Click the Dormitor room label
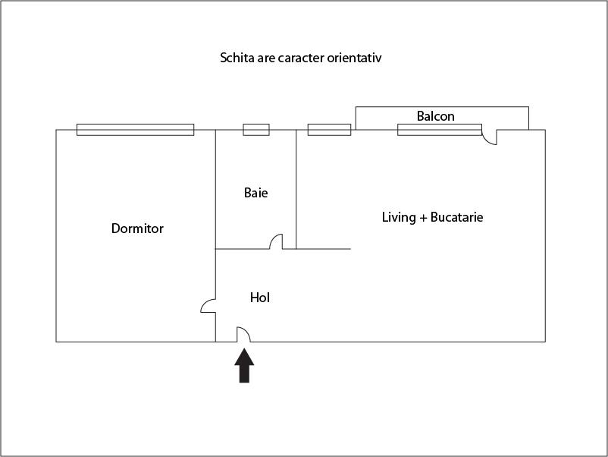pos(137,228)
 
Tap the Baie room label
pos(255,193)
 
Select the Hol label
pos(260,298)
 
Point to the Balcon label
pos(436,116)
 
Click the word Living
pos(399,217)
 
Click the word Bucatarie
pos(456,217)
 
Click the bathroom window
pos(256,130)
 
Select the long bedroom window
pos(135,130)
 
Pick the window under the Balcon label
pos(439,130)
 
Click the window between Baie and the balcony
pos(329,130)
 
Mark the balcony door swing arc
pos(490,138)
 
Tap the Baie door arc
pos(277,241)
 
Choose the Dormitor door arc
pos(208,305)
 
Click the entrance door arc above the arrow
pos(244,334)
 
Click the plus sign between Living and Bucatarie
pos(423,218)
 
